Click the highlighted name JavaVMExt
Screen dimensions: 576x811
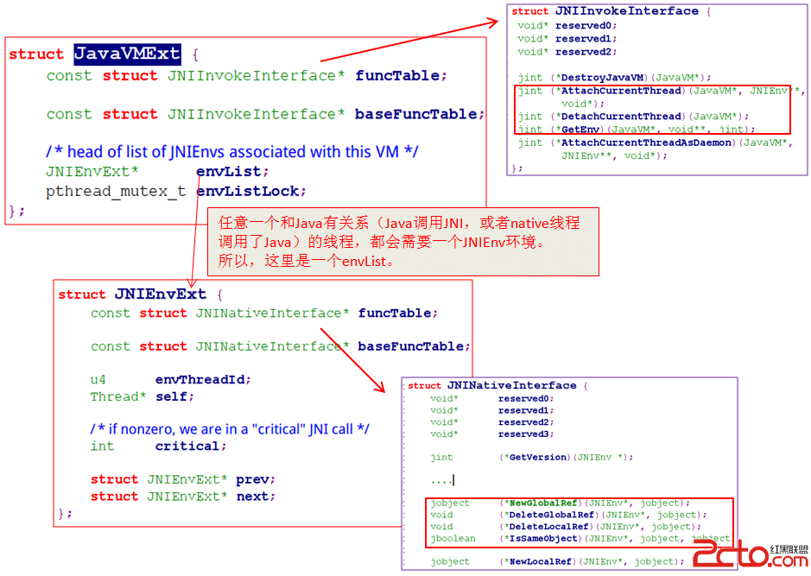127,54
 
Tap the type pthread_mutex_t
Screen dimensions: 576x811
116,191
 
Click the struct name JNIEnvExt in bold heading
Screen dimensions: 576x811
161,294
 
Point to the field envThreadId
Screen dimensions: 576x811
203,379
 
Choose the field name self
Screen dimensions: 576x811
174,396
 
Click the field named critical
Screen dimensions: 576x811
190,446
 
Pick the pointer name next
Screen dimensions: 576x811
255,497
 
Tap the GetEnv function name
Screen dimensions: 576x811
580,130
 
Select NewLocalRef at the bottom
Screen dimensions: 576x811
542,561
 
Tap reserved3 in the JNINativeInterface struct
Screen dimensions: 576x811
524,434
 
